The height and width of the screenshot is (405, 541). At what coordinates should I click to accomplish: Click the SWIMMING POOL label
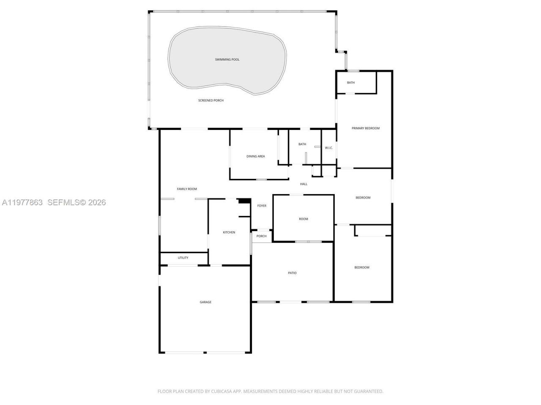pos(227,59)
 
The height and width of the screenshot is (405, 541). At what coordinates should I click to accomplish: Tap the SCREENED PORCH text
pos(211,100)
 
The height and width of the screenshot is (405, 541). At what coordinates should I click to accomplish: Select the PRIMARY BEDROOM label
pos(366,128)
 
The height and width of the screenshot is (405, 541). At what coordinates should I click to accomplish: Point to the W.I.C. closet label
pos(329,148)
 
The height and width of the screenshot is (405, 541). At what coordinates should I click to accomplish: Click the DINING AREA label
pos(256,157)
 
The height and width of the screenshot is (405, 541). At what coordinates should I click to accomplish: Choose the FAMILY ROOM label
pos(187,189)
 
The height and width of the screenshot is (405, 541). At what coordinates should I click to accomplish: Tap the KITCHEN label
pos(229,232)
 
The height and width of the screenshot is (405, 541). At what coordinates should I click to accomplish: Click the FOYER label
pos(262,206)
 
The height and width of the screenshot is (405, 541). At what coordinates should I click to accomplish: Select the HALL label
pos(303,184)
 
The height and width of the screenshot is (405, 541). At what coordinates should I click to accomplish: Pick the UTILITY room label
pos(183,258)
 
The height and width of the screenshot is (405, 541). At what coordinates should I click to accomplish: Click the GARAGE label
pos(205,302)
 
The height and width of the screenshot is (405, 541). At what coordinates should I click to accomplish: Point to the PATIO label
pos(292,273)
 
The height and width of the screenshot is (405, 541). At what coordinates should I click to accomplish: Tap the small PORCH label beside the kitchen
pos(262,236)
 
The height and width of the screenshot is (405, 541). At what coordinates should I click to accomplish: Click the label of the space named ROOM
pos(303,219)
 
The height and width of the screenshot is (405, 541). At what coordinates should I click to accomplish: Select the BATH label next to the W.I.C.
pos(302,144)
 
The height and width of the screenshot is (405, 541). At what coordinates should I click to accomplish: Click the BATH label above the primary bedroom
pos(351,83)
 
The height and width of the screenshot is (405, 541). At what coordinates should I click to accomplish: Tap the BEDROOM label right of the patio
pos(362,267)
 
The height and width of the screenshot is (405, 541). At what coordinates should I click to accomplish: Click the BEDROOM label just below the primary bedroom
pos(363,198)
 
